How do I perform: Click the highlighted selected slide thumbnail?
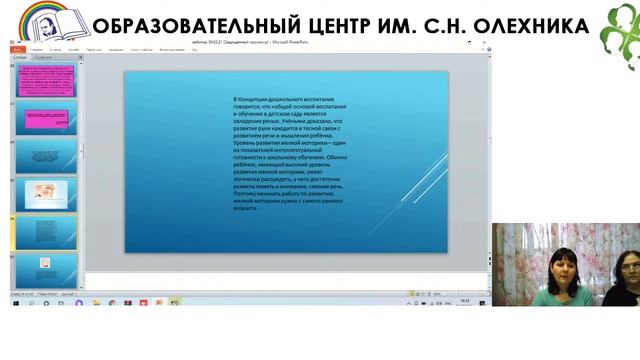pos(45,232)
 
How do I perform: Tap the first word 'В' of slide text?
pos(234,100)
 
